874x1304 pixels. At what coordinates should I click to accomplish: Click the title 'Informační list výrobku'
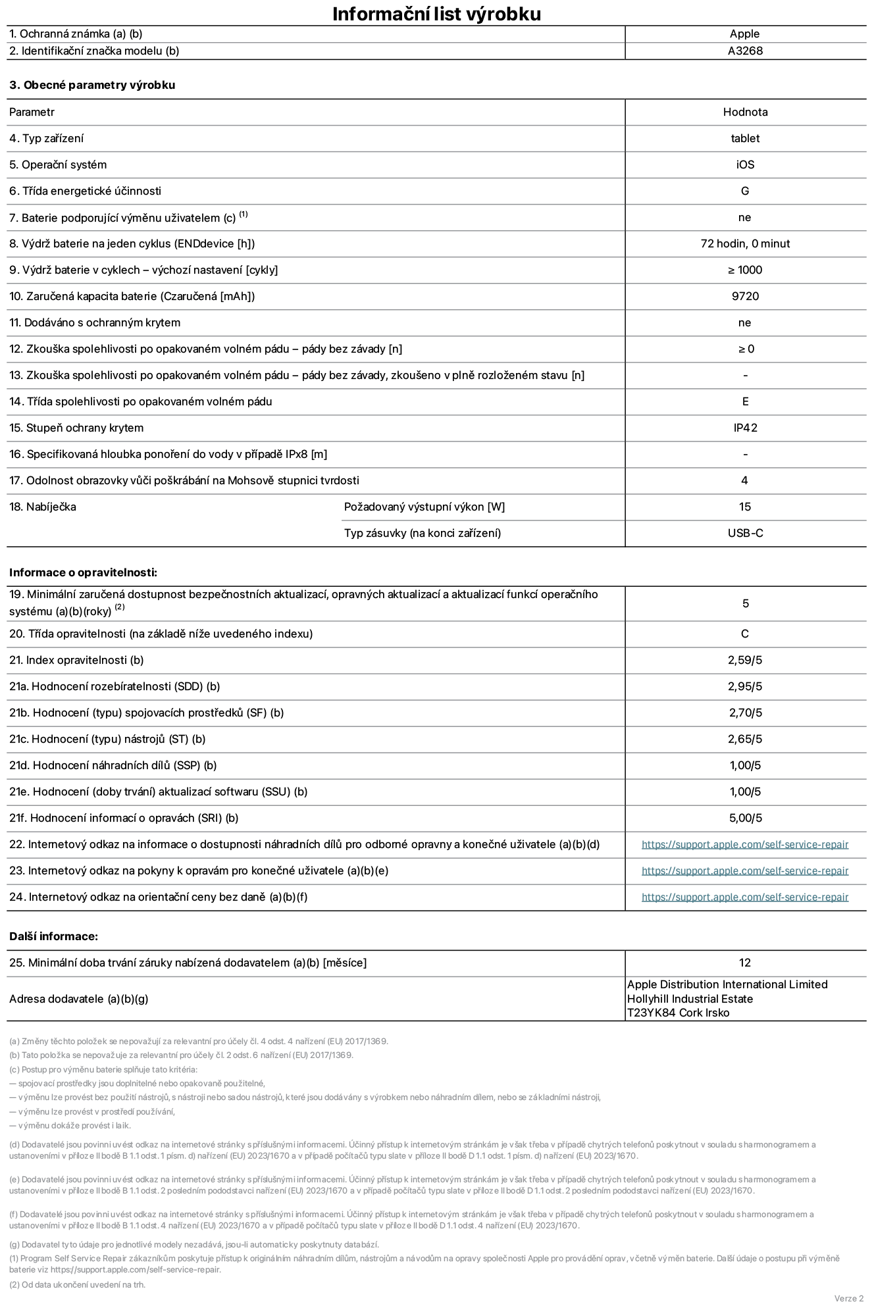tap(436, 14)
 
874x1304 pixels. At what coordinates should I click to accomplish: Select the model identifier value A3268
tap(745, 51)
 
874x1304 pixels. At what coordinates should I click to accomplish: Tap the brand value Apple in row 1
tap(744, 34)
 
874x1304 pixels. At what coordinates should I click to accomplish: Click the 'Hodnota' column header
tap(745, 112)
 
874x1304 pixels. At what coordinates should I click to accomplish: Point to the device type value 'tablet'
tap(745, 138)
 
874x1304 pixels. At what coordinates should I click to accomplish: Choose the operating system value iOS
tap(745, 164)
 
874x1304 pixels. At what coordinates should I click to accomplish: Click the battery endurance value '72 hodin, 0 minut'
tap(745, 243)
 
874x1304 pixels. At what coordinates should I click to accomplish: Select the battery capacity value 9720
tap(745, 296)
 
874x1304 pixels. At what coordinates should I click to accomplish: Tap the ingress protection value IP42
tap(745, 428)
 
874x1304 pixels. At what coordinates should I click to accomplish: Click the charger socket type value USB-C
tap(745, 533)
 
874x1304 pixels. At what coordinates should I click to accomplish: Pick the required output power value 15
tap(745, 507)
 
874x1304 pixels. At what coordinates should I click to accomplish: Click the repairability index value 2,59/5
tap(745, 660)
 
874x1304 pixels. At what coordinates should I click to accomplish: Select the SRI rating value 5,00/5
tap(745, 818)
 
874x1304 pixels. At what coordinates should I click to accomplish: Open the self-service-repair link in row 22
tap(745, 844)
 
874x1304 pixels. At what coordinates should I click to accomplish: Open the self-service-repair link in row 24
tap(745, 897)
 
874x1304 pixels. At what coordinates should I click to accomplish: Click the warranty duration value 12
tap(745, 963)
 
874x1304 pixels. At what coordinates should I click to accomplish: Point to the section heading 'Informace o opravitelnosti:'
tap(83, 572)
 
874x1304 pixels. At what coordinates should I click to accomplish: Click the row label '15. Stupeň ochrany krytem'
tap(76, 428)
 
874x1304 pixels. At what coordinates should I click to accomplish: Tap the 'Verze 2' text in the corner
tap(848, 1298)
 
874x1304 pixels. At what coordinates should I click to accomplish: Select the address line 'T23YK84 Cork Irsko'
tap(678, 1013)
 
